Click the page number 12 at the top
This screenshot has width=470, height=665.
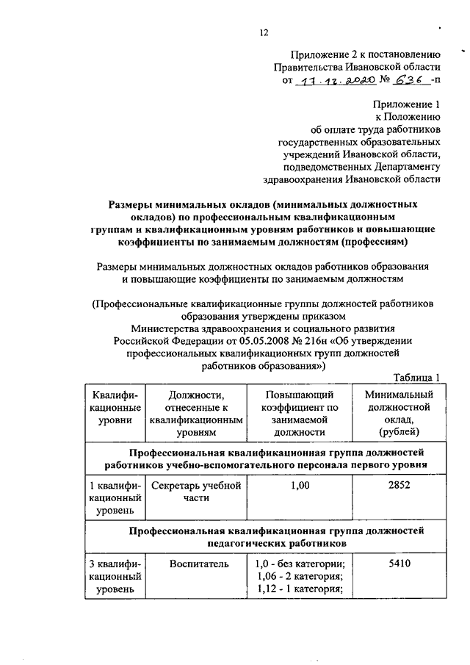click(264, 32)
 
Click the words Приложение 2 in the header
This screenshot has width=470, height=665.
click(325, 54)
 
